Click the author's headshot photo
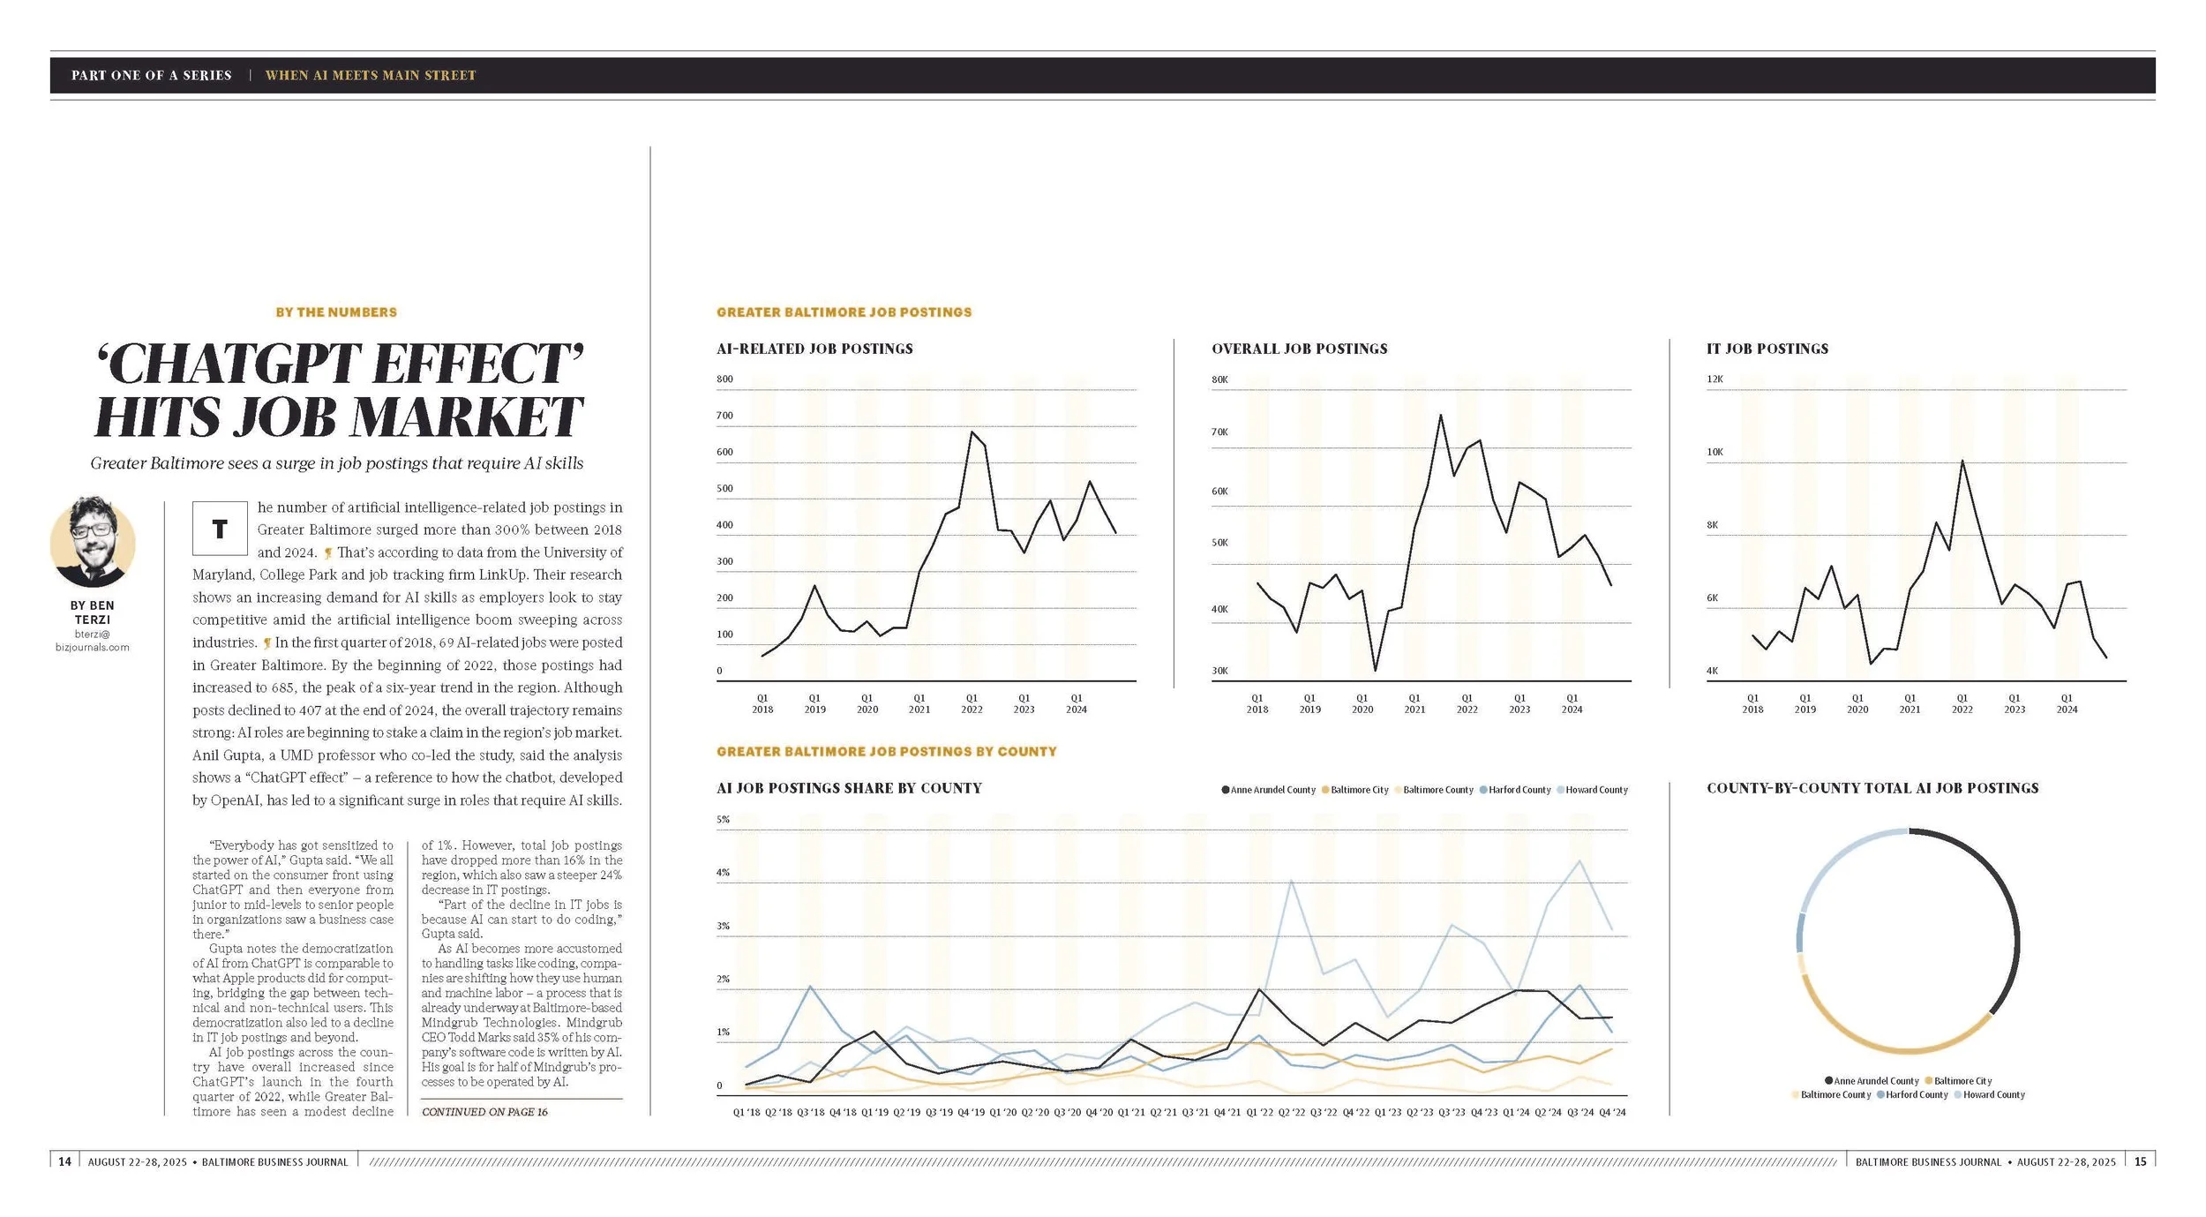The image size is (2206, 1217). click(x=93, y=542)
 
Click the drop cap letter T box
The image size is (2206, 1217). click(x=220, y=528)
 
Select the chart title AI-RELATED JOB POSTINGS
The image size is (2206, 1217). click(x=814, y=349)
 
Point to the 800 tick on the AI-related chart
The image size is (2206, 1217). click(x=724, y=379)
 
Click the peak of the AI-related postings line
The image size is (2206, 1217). click(x=972, y=432)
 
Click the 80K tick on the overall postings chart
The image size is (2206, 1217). click(x=1219, y=379)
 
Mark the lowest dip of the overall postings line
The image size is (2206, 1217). click(x=1375, y=670)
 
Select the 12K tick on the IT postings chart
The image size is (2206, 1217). click(x=1715, y=379)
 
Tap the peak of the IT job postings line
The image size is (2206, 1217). click(x=1962, y=461)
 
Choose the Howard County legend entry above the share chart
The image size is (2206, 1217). click(x=1596, y=790)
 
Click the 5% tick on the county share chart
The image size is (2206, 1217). click(x=723, y=819)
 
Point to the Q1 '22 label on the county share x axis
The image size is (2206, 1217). click(x=1260, y=1112)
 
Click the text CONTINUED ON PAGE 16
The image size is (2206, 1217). click(x=484, y=1112)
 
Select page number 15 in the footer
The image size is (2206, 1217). click(x=2140, y=1161)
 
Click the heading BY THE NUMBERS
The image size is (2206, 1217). click(x=336, y=312)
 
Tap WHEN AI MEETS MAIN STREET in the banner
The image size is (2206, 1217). click(x=371, y=76)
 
